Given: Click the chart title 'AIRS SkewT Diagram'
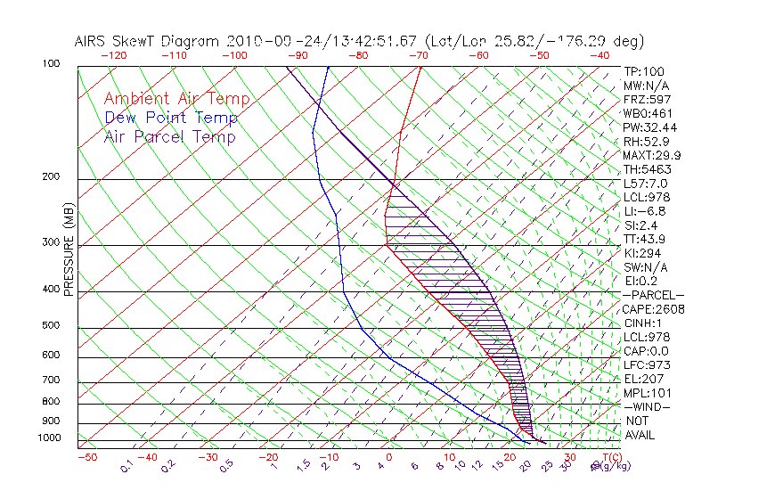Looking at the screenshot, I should tap(148, 41).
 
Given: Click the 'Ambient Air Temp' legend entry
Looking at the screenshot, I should tap(176, 99).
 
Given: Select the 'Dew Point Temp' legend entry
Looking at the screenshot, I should tap(171, 118).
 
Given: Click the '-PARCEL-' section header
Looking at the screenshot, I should tap(653, 295).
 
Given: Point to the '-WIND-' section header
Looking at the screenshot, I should tap(647, 406).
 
